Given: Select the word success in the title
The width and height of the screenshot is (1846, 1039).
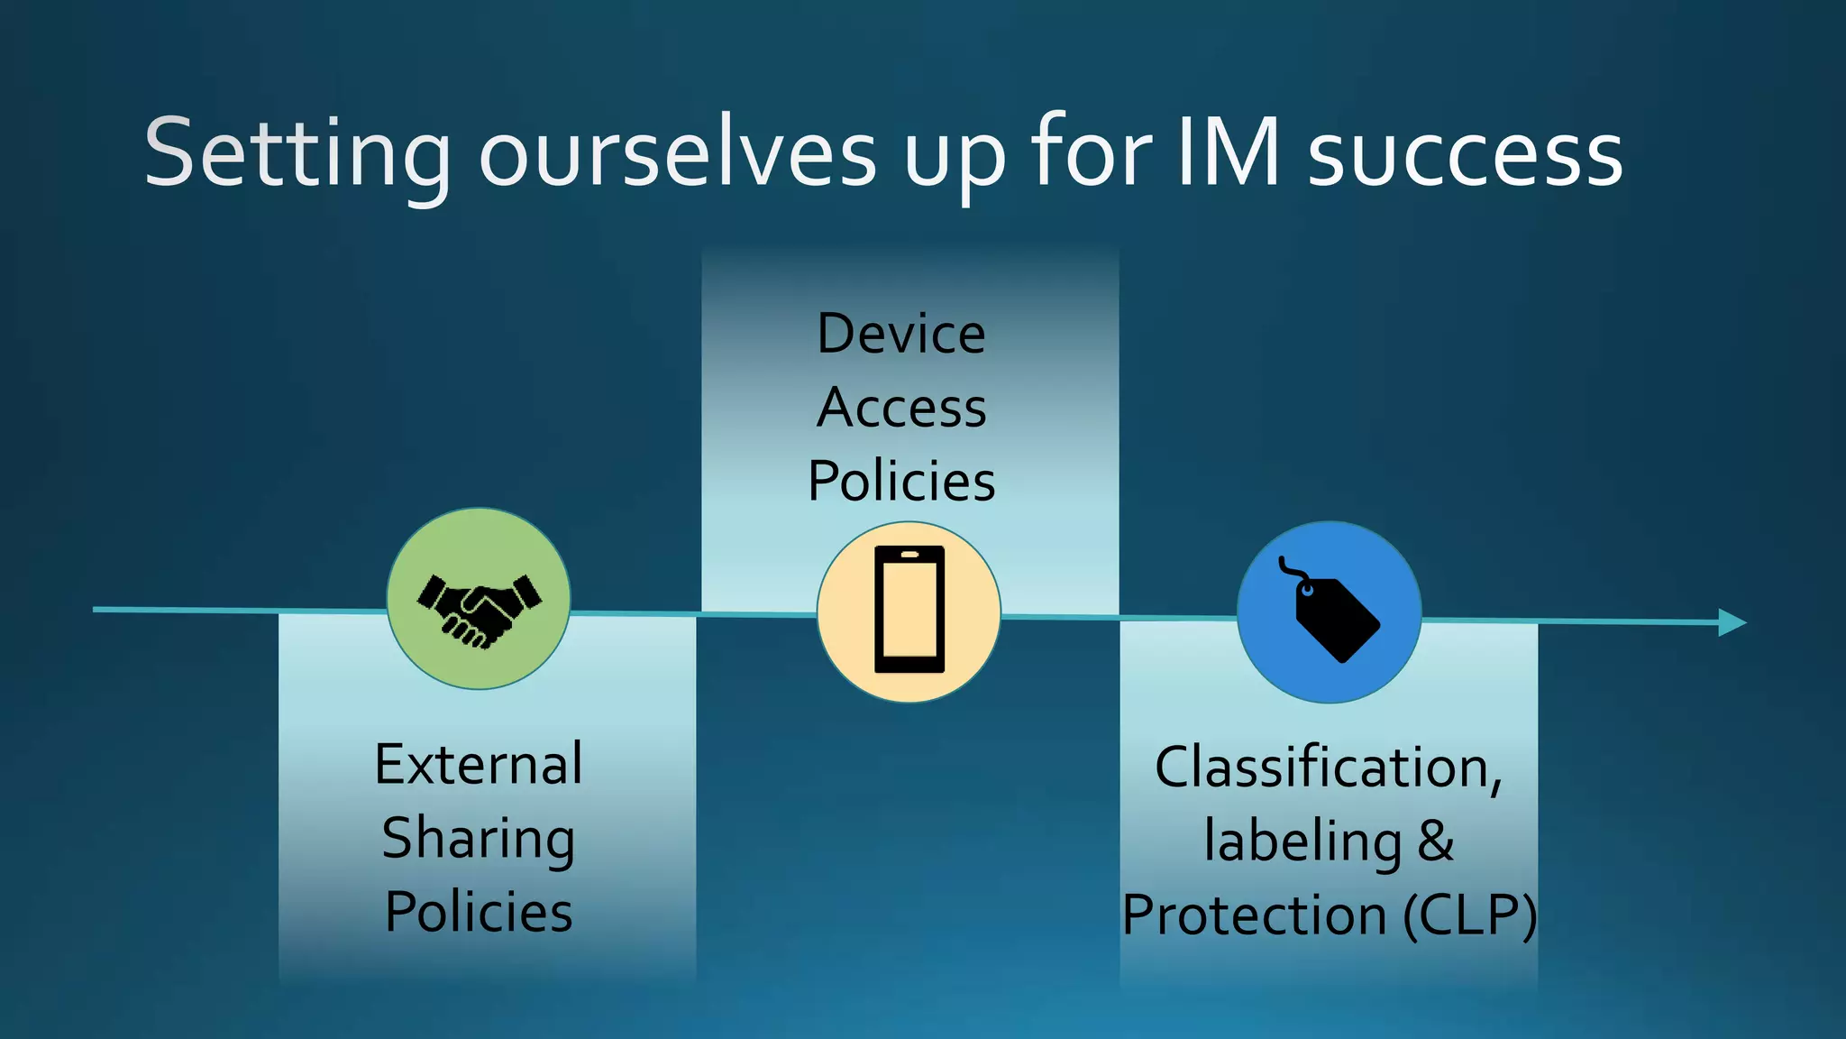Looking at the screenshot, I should [1465, 155].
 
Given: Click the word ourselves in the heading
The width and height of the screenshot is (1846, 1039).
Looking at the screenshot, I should [678, 155].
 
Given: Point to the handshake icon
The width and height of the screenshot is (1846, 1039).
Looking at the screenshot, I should [479, 610].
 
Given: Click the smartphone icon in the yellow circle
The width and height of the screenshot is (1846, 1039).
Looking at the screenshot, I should [909, 610].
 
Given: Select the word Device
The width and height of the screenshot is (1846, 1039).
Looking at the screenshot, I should [901, 334].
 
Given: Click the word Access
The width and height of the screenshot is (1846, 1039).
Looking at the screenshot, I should [901, 408].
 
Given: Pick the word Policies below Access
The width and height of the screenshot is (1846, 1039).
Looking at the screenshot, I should [901, 481].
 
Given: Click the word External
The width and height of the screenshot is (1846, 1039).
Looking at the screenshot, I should [479, 765].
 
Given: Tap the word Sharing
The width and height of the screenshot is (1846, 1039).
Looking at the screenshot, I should [479, 839].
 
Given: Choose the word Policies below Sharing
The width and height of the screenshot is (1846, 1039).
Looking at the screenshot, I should [479, 912].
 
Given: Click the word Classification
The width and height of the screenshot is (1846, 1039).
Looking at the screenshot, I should [1327, 768].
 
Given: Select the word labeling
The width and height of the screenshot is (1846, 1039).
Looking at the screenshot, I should [1302, 841].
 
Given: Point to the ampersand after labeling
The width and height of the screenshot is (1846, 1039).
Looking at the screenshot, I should [1435, 841].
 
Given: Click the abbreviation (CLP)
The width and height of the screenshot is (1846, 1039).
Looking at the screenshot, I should [1469, 915].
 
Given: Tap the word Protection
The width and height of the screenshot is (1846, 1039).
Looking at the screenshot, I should [1254, 915].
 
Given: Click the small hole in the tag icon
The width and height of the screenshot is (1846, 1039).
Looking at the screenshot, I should [1307, 591].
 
